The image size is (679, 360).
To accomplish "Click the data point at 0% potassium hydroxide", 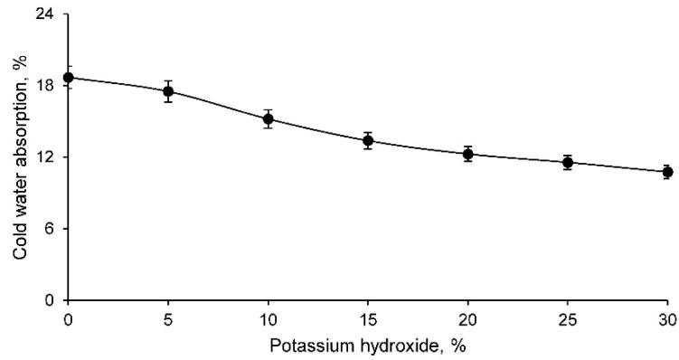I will [69, 78].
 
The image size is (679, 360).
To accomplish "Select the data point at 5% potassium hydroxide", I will [168, 91].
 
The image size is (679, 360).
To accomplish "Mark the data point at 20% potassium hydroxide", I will [468, 154].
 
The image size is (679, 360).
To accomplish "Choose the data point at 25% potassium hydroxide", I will [568, 163].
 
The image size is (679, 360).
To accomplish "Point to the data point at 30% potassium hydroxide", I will [667, 172].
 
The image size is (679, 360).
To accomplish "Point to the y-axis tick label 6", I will [52, 229].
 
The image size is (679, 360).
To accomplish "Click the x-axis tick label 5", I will [168, 318].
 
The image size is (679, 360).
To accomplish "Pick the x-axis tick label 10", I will [269, 318].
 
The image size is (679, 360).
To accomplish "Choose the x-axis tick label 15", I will [368, 318].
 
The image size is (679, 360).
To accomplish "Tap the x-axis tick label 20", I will [468, 318].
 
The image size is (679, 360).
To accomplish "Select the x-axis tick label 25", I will [568, 318].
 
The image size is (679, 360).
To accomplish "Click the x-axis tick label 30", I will [667, 318].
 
